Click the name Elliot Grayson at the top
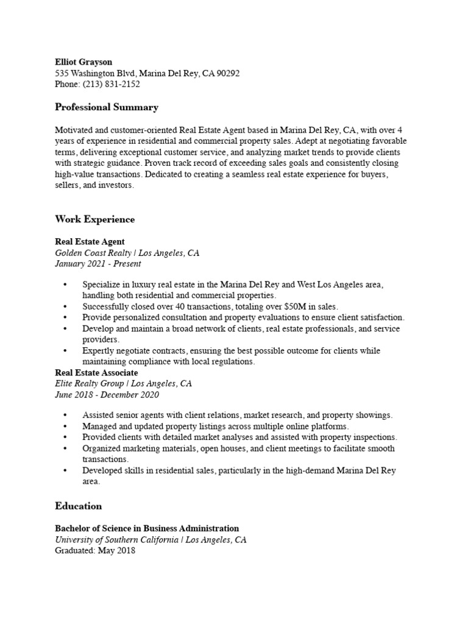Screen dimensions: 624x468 (x=83, y=62)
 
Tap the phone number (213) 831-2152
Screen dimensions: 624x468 (x=112, y=85)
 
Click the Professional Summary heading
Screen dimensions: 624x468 (x=107, y=107)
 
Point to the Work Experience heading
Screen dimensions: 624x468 (x=94, y=219)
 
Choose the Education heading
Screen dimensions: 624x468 (x=79, y=506)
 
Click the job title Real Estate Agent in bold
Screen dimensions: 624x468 (x=90, y=242)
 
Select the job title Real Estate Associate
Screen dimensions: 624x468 (x=96, y=373)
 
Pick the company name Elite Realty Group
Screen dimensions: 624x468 (x=90, y=384)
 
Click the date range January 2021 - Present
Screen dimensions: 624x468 (x=97, y=264)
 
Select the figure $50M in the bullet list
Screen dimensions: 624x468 (x=296, y=307)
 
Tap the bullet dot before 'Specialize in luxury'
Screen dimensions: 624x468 (x=66, y=285)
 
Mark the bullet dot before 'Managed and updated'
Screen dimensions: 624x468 (x=66, y=427)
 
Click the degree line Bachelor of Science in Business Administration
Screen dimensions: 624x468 (x=147, y=528)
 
